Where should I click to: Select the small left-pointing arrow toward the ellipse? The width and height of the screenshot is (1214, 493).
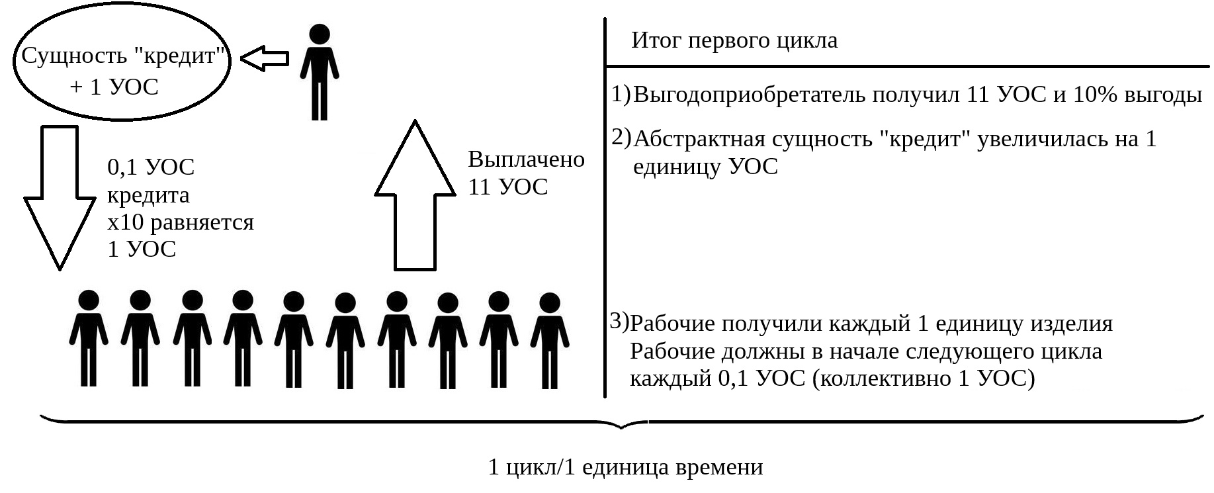click(265, 59)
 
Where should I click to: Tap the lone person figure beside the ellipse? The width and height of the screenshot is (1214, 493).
click(320, 71)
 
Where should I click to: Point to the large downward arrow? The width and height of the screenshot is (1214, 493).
click(60, 197)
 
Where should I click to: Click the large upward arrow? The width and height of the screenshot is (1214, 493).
click(415, 195)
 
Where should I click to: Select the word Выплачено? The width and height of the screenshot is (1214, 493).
click(527, 159)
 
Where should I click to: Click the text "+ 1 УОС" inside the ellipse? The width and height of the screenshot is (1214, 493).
click(114, 87)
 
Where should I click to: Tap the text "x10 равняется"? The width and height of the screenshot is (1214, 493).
click(181, 222)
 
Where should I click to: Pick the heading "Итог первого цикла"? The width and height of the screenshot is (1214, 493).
click(734, 40)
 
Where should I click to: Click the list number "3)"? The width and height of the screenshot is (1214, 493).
click(619, 321)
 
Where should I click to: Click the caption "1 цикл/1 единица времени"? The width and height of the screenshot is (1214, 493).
click(625, 467)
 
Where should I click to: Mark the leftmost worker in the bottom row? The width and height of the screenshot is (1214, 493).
click(88, 338)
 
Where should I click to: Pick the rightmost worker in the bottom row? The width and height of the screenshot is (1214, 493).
click(548, 340)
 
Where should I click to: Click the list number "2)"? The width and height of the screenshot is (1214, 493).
click(621, 137)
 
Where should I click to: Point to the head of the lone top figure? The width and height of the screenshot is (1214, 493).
click(320, 34)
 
